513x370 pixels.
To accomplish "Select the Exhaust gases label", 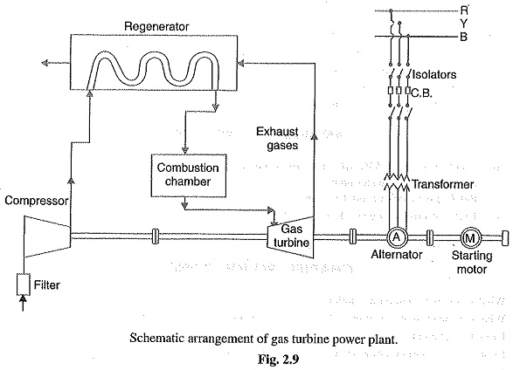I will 280,140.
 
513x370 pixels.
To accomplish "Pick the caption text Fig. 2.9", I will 254,356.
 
